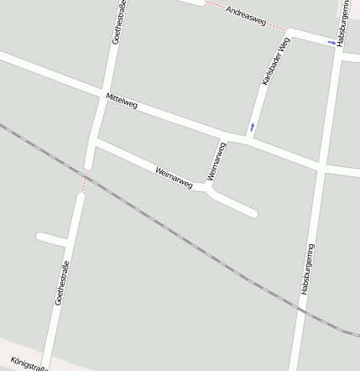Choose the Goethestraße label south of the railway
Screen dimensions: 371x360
click(61, 283)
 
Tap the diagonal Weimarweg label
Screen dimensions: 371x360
click(174, 176)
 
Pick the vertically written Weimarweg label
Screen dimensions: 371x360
click(216, 161)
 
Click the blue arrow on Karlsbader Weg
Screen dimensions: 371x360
click(252, 127)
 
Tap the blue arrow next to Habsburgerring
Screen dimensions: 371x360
click(331, 42)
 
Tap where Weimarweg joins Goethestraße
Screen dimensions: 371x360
click(93, 144)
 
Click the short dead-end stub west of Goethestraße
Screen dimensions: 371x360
click(51, 239)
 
